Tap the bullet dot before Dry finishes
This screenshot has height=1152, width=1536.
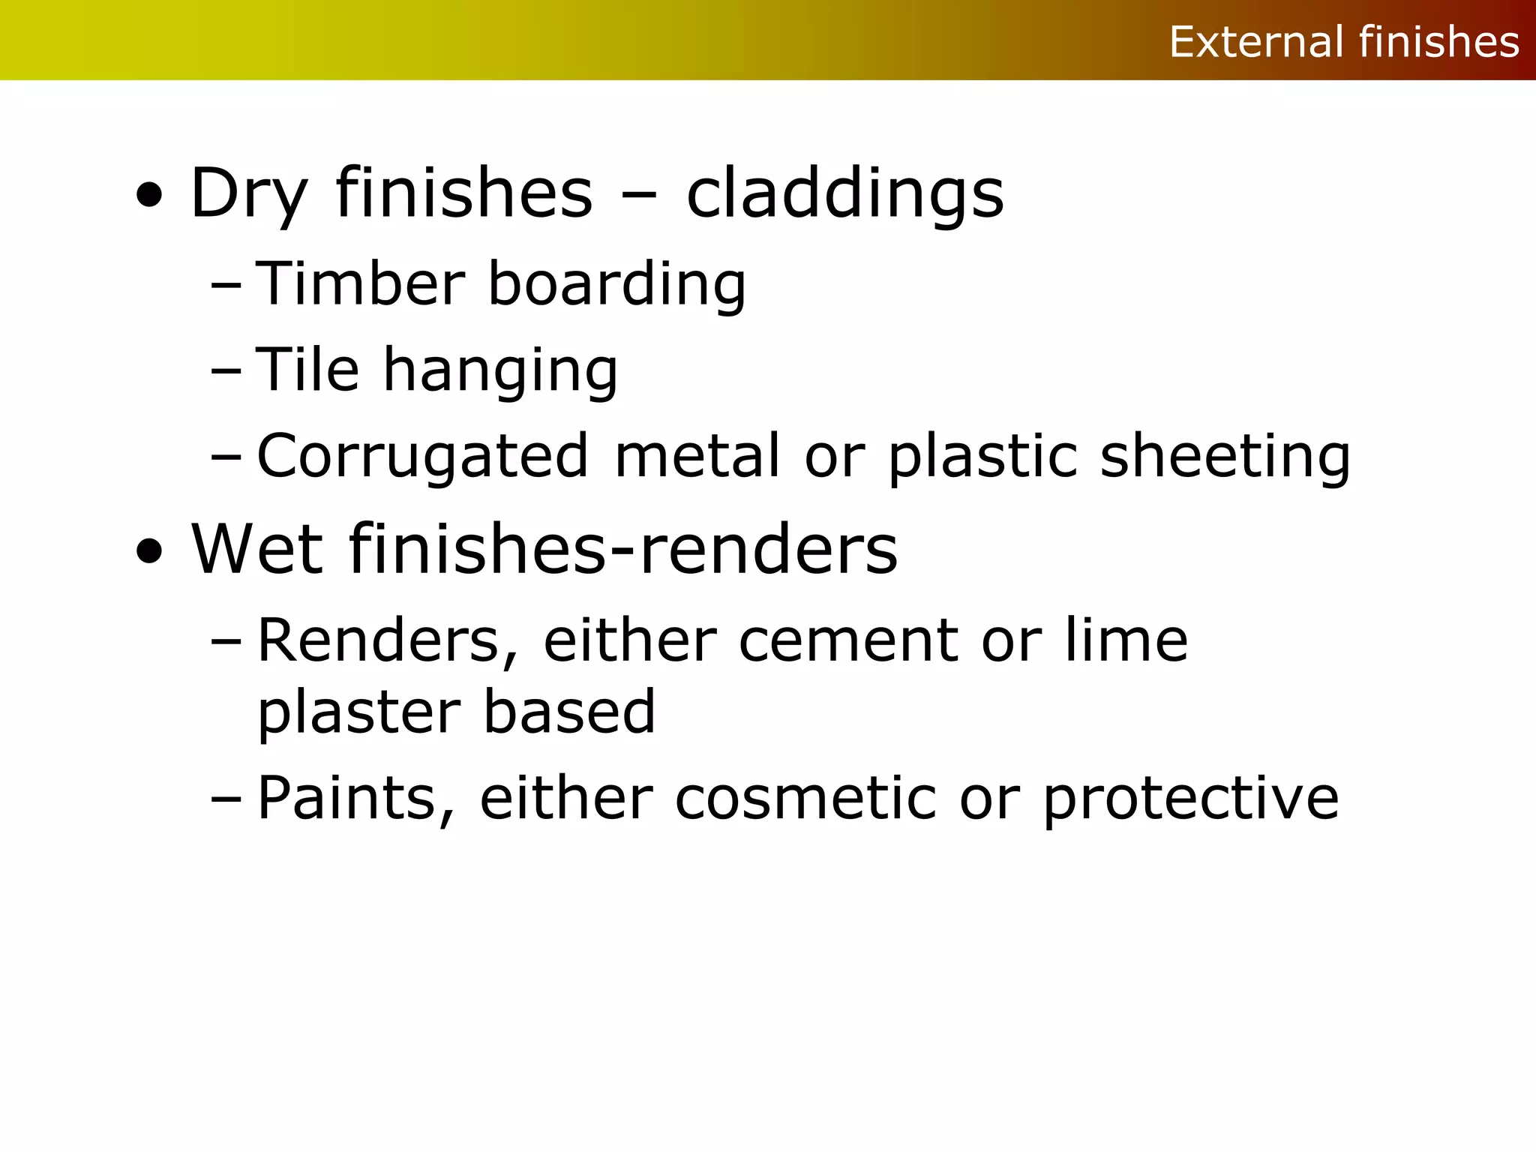pyautogui.click(x=149, y=196)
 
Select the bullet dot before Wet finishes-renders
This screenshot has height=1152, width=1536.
pyautogui.click(x=149, y=551)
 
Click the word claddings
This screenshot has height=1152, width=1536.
pyautogui.click(x=844, y=194)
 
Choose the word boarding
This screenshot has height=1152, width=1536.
pyautogui.click(x=616, y=285)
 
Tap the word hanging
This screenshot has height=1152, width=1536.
pyautogui.click(x=500, y=371)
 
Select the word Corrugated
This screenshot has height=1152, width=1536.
pyautogui.click(x=422, y=456)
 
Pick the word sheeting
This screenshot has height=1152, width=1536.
pyautogui.click(x=1225, y=456)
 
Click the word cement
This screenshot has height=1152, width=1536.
pyautogui.click(x=848, y=641)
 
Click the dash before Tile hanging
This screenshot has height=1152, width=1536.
pyautogui.click(x=226, y=370)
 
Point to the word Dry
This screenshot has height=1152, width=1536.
pyautogui.click(x=249, y=194)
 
